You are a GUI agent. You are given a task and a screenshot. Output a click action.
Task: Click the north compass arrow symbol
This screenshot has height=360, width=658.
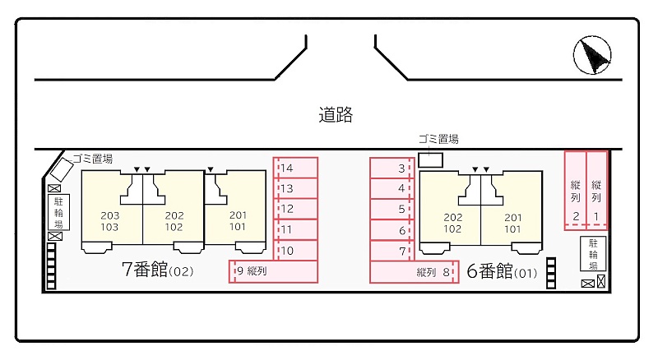click(x=592, y=55)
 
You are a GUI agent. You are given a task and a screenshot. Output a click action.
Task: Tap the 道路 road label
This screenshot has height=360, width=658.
click(x=336, y=115)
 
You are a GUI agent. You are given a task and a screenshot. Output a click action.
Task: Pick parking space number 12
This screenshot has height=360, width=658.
click(x=295, y=210)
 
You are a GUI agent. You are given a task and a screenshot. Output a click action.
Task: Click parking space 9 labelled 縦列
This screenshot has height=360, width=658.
click(x=272, y=271)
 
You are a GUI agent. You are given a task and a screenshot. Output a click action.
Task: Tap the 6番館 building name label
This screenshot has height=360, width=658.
click(x=489, y=271)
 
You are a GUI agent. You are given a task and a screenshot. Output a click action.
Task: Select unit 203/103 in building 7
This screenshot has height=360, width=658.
click(x=110, y=221)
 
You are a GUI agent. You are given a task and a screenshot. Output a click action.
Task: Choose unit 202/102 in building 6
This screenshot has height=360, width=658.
click(x=452, y=223)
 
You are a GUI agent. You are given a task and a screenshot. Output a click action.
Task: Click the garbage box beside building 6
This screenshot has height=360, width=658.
click(x=431, y=159)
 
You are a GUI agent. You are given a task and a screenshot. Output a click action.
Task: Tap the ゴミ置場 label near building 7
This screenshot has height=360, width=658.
click(x=92, y=159)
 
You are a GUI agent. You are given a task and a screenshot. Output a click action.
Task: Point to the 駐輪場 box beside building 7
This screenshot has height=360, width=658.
click(x=58, y=212)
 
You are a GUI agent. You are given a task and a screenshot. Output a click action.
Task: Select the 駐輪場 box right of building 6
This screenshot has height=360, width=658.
click(x=592, y=254)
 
